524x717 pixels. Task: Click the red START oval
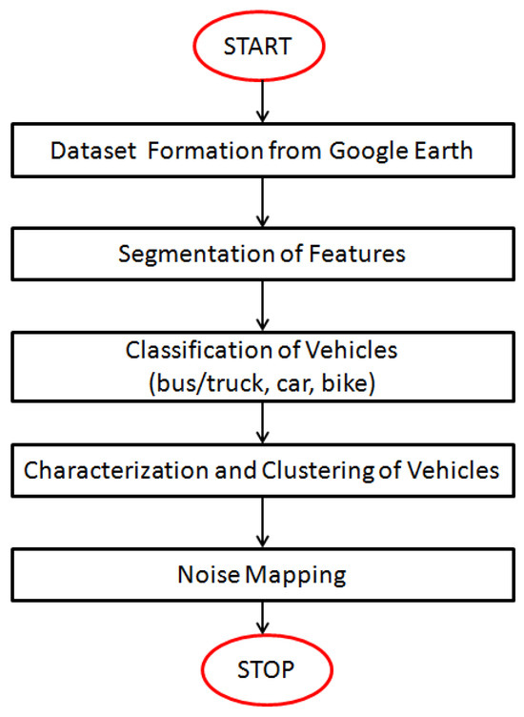click(x=261, y=45)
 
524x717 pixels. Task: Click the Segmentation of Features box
click(x=261, y=255)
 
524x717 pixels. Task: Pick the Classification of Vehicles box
click(x=261, y=365)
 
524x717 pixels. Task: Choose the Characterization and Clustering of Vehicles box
click(x=261, y=471)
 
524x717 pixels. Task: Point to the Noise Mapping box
click(x=261, y=575)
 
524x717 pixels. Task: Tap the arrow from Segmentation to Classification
click(x=261, y=305)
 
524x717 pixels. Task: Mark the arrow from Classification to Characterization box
click(x=261, y=421)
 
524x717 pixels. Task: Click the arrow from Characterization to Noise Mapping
click(x=261, y=523)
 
